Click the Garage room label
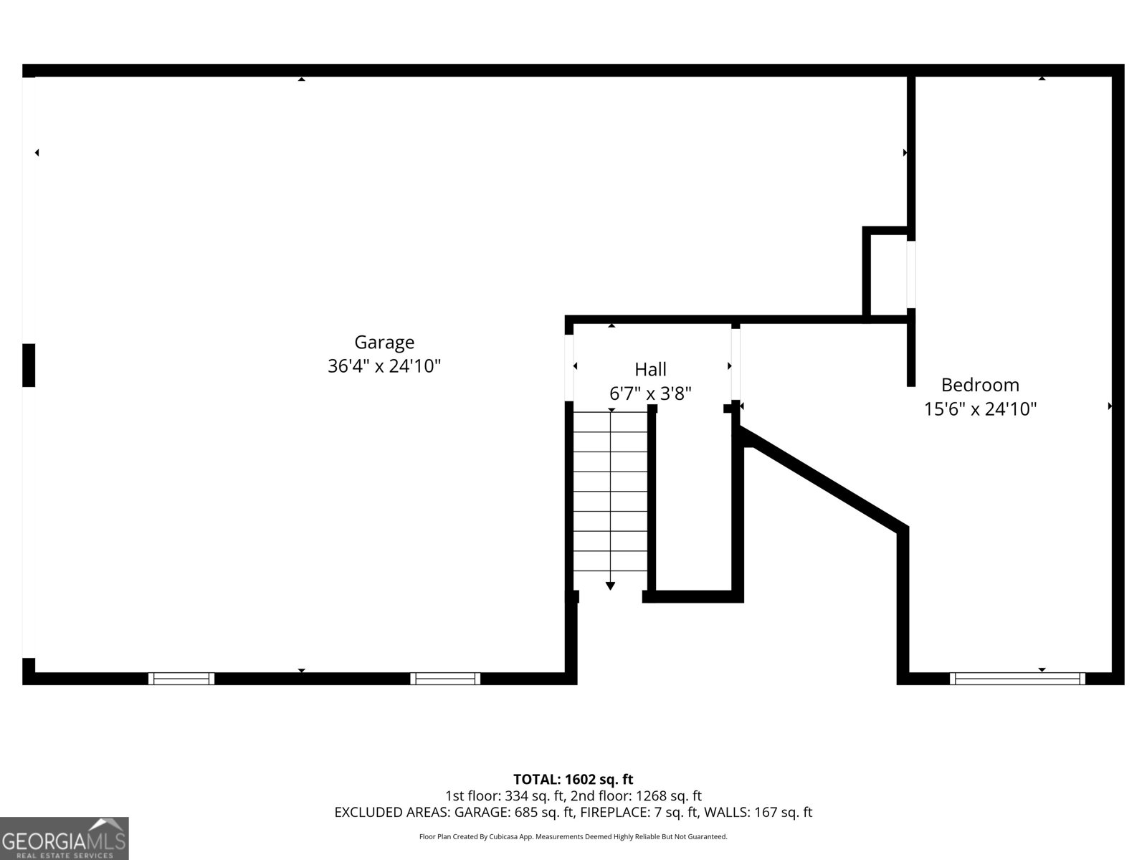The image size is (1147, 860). [x=384, y=343]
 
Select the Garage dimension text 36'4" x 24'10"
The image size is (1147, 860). [x=384, y=366]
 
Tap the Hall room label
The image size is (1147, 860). [x=650, y=370]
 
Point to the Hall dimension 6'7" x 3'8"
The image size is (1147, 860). [x=650, y=393]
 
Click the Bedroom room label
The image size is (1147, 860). [x=980, y=385]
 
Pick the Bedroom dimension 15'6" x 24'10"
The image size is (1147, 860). [x=980, y=409]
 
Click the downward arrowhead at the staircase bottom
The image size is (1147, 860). [x=610, y=586]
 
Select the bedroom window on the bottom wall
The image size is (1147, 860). [x=1017, y=679]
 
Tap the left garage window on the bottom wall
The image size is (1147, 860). [x=181, y=679]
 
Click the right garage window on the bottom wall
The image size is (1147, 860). [x=445, y=679]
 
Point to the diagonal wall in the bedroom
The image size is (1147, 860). [x=824, y=480]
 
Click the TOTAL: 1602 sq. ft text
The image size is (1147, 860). [x=573, y=779]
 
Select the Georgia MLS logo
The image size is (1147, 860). [x=64, y=838]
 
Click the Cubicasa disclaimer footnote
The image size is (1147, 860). [x=573, y=836]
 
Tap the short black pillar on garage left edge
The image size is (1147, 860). [x=29, y=365]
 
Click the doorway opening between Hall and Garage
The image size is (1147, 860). [x=569, y=368]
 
